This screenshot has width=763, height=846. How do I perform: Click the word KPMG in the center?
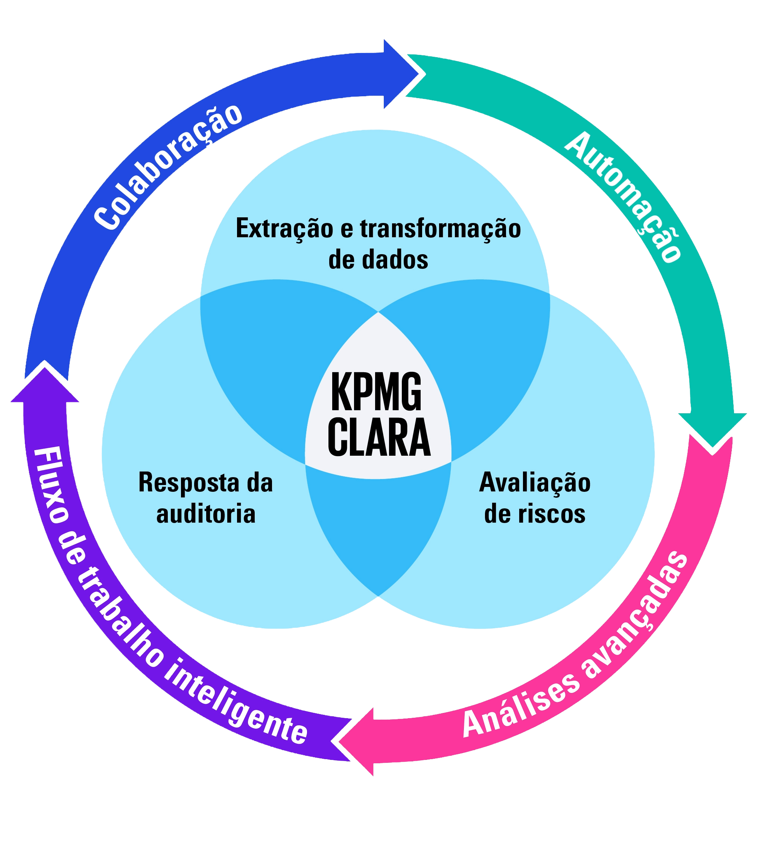[x=376, y=393]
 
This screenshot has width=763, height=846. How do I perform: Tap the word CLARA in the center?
[x=379, y=438]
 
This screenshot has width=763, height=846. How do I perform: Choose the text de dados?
[x=378, y=260]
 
